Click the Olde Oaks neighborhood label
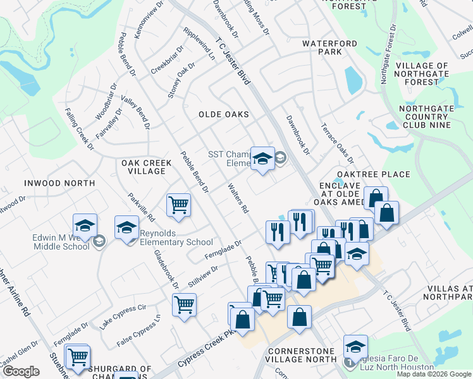[x=223, y=114]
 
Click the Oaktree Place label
[x=373, y=174]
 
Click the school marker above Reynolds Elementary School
[x=127, y=227]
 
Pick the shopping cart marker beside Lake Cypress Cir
[x=184, y=304]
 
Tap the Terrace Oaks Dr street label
[x=336, y=143]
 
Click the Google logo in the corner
[x=21, y=371]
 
